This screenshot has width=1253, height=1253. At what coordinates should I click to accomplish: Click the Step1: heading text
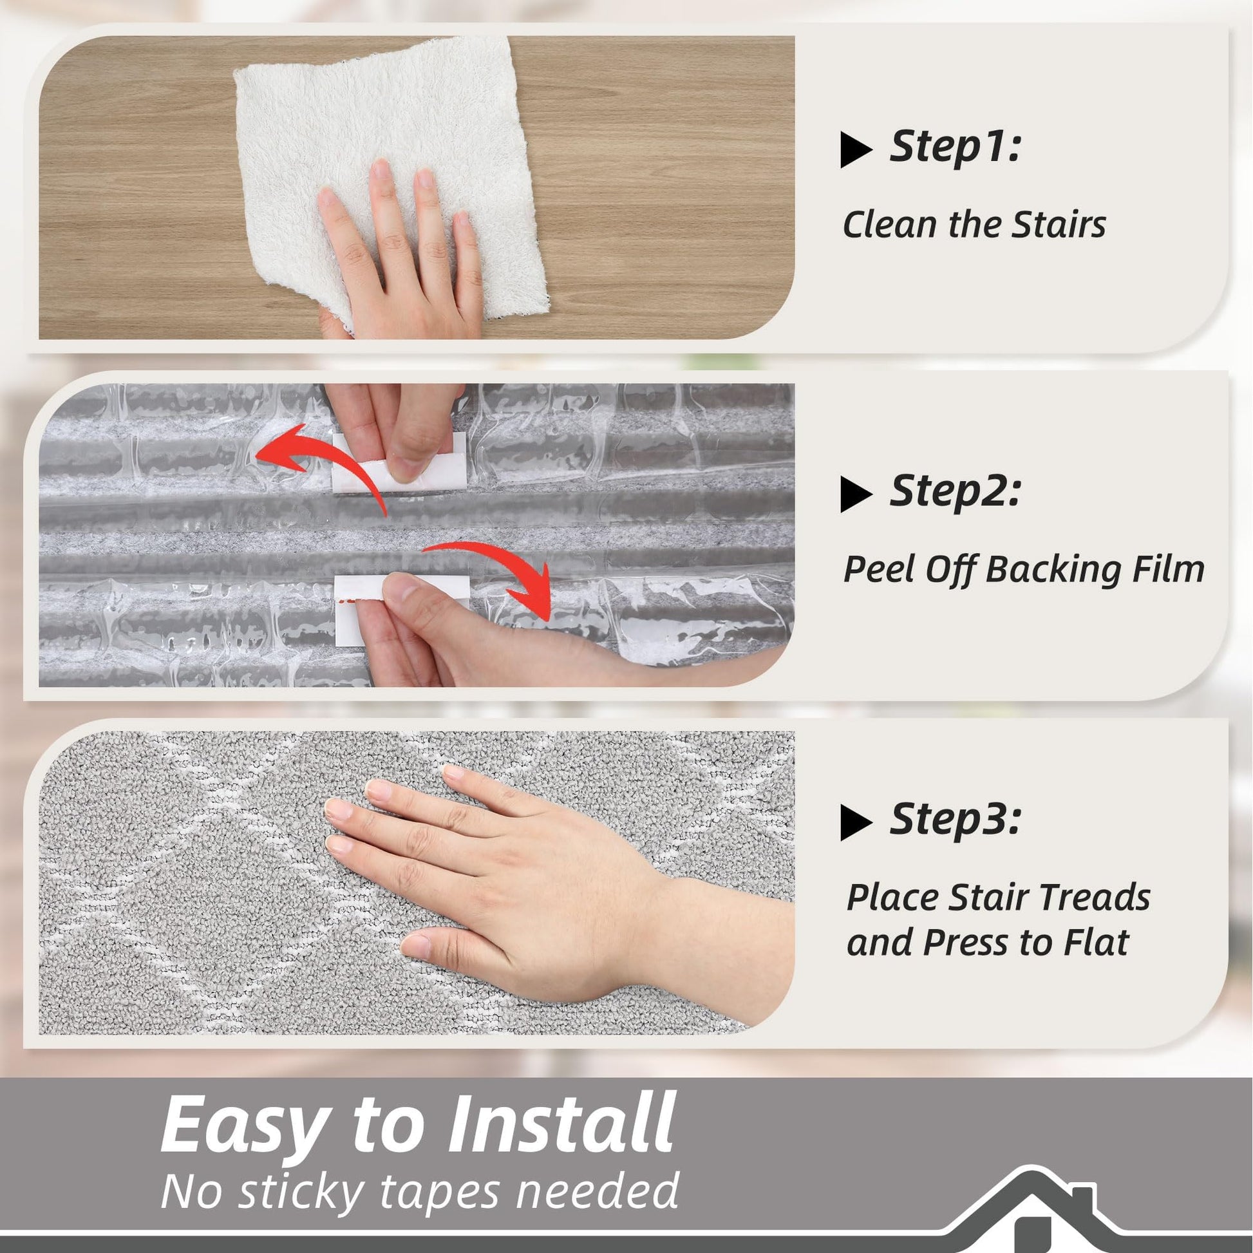956,147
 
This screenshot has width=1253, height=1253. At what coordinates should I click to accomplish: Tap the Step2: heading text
956,491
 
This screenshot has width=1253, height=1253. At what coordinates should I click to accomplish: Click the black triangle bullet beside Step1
856,150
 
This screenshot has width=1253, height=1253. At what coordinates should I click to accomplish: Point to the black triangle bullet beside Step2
856,495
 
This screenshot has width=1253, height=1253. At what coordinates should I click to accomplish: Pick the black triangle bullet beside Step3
856,822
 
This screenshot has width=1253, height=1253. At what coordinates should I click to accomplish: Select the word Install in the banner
561,1124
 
